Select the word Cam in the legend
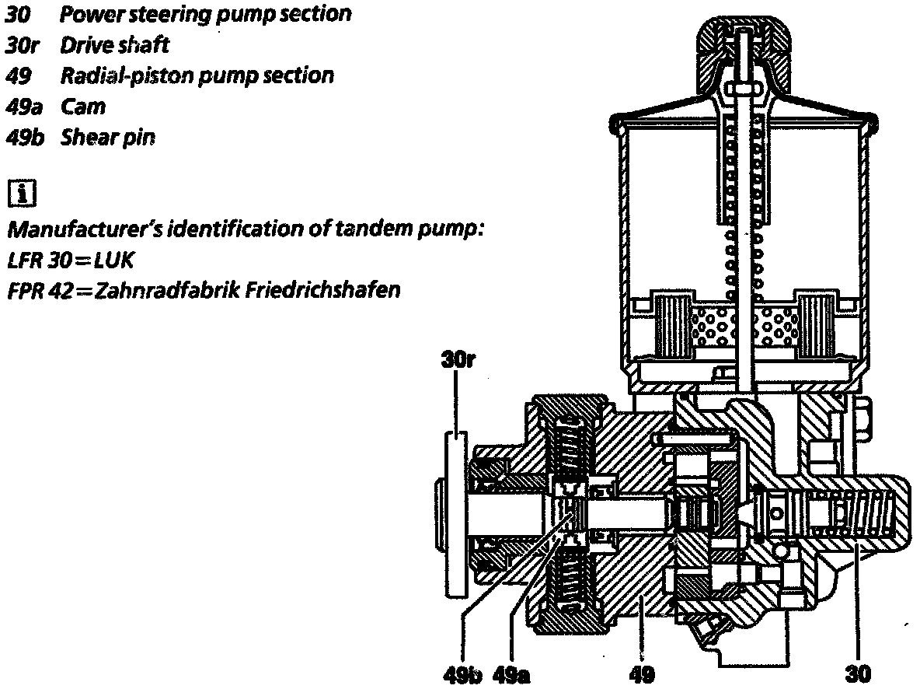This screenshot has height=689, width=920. point(83,107)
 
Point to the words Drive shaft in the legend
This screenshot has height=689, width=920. point(115,44)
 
